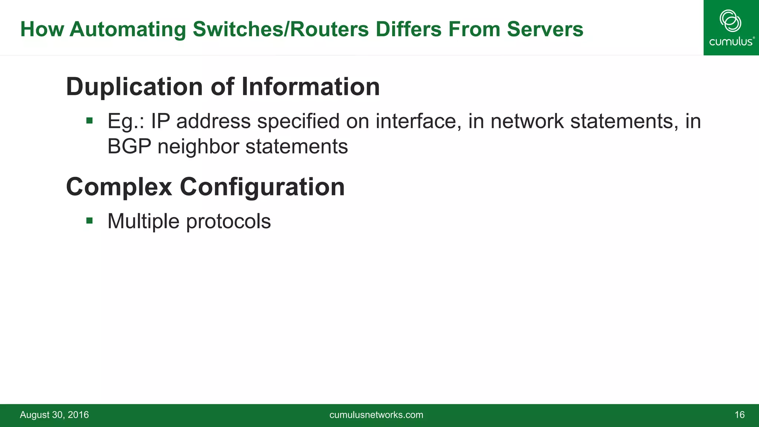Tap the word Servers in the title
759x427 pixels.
point(545,29)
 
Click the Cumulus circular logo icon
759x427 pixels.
point(730,21)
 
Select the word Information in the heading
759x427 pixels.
point(311,87)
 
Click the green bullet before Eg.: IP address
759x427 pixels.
point(89,120)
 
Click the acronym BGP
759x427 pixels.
point(129,146)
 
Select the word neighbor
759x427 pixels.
point(198,146)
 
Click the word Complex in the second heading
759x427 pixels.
point(119,187)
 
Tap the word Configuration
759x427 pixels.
point(262,187)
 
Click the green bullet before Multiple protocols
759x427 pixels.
point(89,221)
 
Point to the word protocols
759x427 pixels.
point(228,222)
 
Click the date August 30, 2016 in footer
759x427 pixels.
point(54,415)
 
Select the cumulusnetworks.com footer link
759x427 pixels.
point(376,415)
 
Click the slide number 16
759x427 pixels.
point(739,415)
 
